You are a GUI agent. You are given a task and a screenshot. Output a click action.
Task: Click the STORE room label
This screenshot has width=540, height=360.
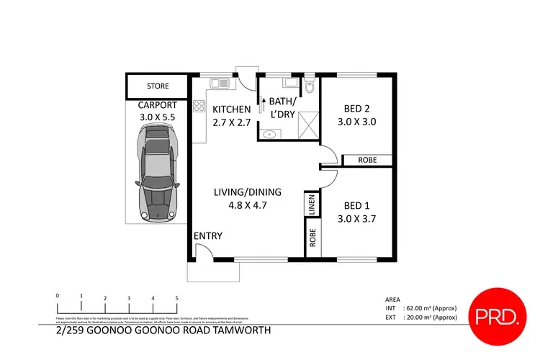tap(158, 86)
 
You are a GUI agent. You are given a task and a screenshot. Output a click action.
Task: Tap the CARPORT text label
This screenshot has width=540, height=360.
tap(158, 105)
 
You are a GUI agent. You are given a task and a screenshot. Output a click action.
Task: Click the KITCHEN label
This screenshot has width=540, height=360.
tap(231, 109)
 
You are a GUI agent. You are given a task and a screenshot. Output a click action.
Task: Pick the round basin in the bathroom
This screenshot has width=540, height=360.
tap(270, 133)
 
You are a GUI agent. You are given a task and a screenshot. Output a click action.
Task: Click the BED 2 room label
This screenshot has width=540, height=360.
tap(358, 109)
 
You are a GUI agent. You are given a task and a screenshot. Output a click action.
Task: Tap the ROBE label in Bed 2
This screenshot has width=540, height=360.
tap(366, 161)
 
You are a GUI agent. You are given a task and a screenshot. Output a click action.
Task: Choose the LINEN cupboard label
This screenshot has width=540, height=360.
tap(312, 204)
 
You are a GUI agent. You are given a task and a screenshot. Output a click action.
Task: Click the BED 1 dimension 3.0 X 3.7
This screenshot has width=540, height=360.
tap(358, 216)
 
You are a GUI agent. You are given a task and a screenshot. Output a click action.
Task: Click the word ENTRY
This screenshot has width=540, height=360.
tap(207, 236)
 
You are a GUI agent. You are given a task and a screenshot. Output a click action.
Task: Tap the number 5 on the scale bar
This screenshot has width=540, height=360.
tap(176, 298)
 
